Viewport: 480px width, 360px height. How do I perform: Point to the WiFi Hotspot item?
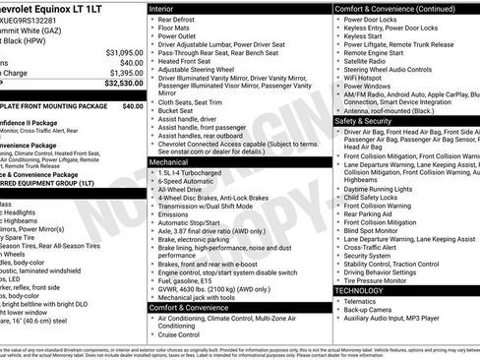click(369, 74)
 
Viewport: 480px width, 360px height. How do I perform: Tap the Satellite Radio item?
click(371, 62)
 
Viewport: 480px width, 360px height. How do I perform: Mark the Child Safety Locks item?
click(379, 196)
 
